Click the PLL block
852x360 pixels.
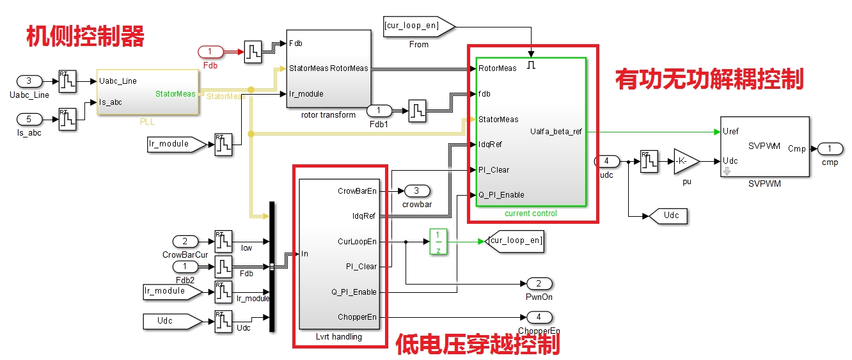[148, 92]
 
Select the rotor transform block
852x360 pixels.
[329, 69]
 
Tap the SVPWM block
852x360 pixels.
[765, 146]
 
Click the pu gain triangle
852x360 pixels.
[686, 162]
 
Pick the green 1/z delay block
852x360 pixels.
[438, 242]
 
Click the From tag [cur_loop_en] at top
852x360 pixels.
[419, 27]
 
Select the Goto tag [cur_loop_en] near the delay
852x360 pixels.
[514, 242]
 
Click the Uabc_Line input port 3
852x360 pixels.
[29, 81]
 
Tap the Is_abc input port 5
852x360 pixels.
[29, 120]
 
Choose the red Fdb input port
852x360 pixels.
[210, 52]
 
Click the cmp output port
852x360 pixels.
[830, 148]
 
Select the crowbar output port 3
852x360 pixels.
[417, 191]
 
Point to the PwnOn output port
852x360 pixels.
[539, 284]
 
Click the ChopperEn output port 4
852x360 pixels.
[539, 317]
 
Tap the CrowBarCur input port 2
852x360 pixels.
[185, 242]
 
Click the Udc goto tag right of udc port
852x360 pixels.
[668, 216]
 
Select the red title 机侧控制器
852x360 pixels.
[85, 36]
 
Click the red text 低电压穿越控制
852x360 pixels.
[478, 344]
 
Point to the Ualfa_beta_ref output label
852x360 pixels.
[556, 132]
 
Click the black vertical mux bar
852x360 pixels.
[272, 267]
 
